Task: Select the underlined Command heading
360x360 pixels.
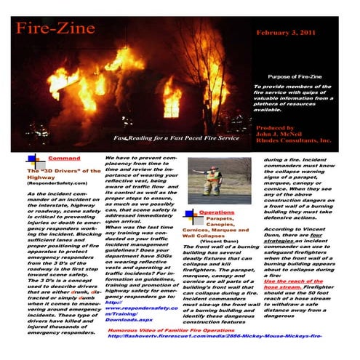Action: coord(63,158)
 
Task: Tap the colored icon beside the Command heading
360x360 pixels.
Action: coord(32,160)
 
